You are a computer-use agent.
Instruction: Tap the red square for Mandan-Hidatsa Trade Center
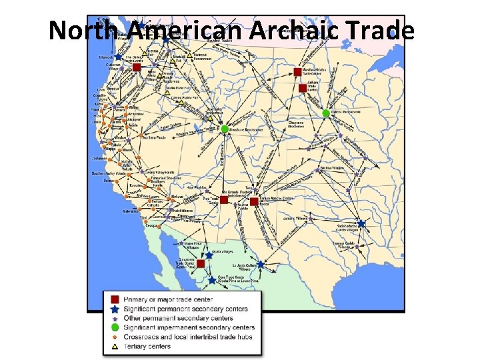(x=297, y=71)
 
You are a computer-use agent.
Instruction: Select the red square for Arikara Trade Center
(x=303, y=88)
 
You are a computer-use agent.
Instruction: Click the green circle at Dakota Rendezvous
(x=326, y=113)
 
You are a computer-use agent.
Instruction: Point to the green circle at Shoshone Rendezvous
(x=225, y=129)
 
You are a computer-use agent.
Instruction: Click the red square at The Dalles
(x=136, y=67)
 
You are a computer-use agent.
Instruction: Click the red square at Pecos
(x=254, y=201)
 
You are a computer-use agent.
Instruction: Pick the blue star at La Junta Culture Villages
(x=260, y=264)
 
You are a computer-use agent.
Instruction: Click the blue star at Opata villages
(x=209, y=255)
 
